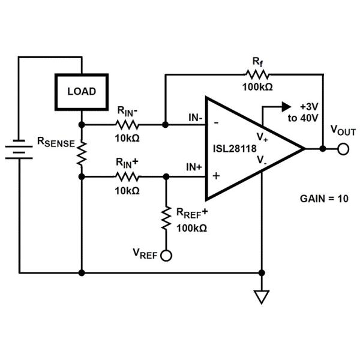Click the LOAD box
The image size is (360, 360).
[82, 92]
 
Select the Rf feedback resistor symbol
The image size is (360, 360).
[257, 74]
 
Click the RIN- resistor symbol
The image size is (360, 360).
[127, 125]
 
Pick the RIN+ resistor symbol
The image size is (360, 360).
[127, 177]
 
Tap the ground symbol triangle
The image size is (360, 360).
[261, 296]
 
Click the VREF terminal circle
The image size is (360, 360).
[166, 256]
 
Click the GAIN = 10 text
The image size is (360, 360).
[323, 198]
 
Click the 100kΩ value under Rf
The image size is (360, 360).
[257, 87]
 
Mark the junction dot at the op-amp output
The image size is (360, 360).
[323, 148]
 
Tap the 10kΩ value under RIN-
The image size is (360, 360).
[127, 138]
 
